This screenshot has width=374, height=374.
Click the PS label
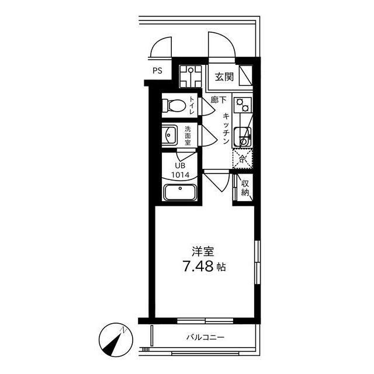158,70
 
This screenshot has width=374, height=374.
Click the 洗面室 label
188,136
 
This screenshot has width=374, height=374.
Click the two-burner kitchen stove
241,105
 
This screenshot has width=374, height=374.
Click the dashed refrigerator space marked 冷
242,158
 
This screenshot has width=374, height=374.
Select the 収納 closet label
245,188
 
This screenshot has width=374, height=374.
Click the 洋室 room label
203,252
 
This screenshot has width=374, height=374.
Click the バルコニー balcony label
205,338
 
